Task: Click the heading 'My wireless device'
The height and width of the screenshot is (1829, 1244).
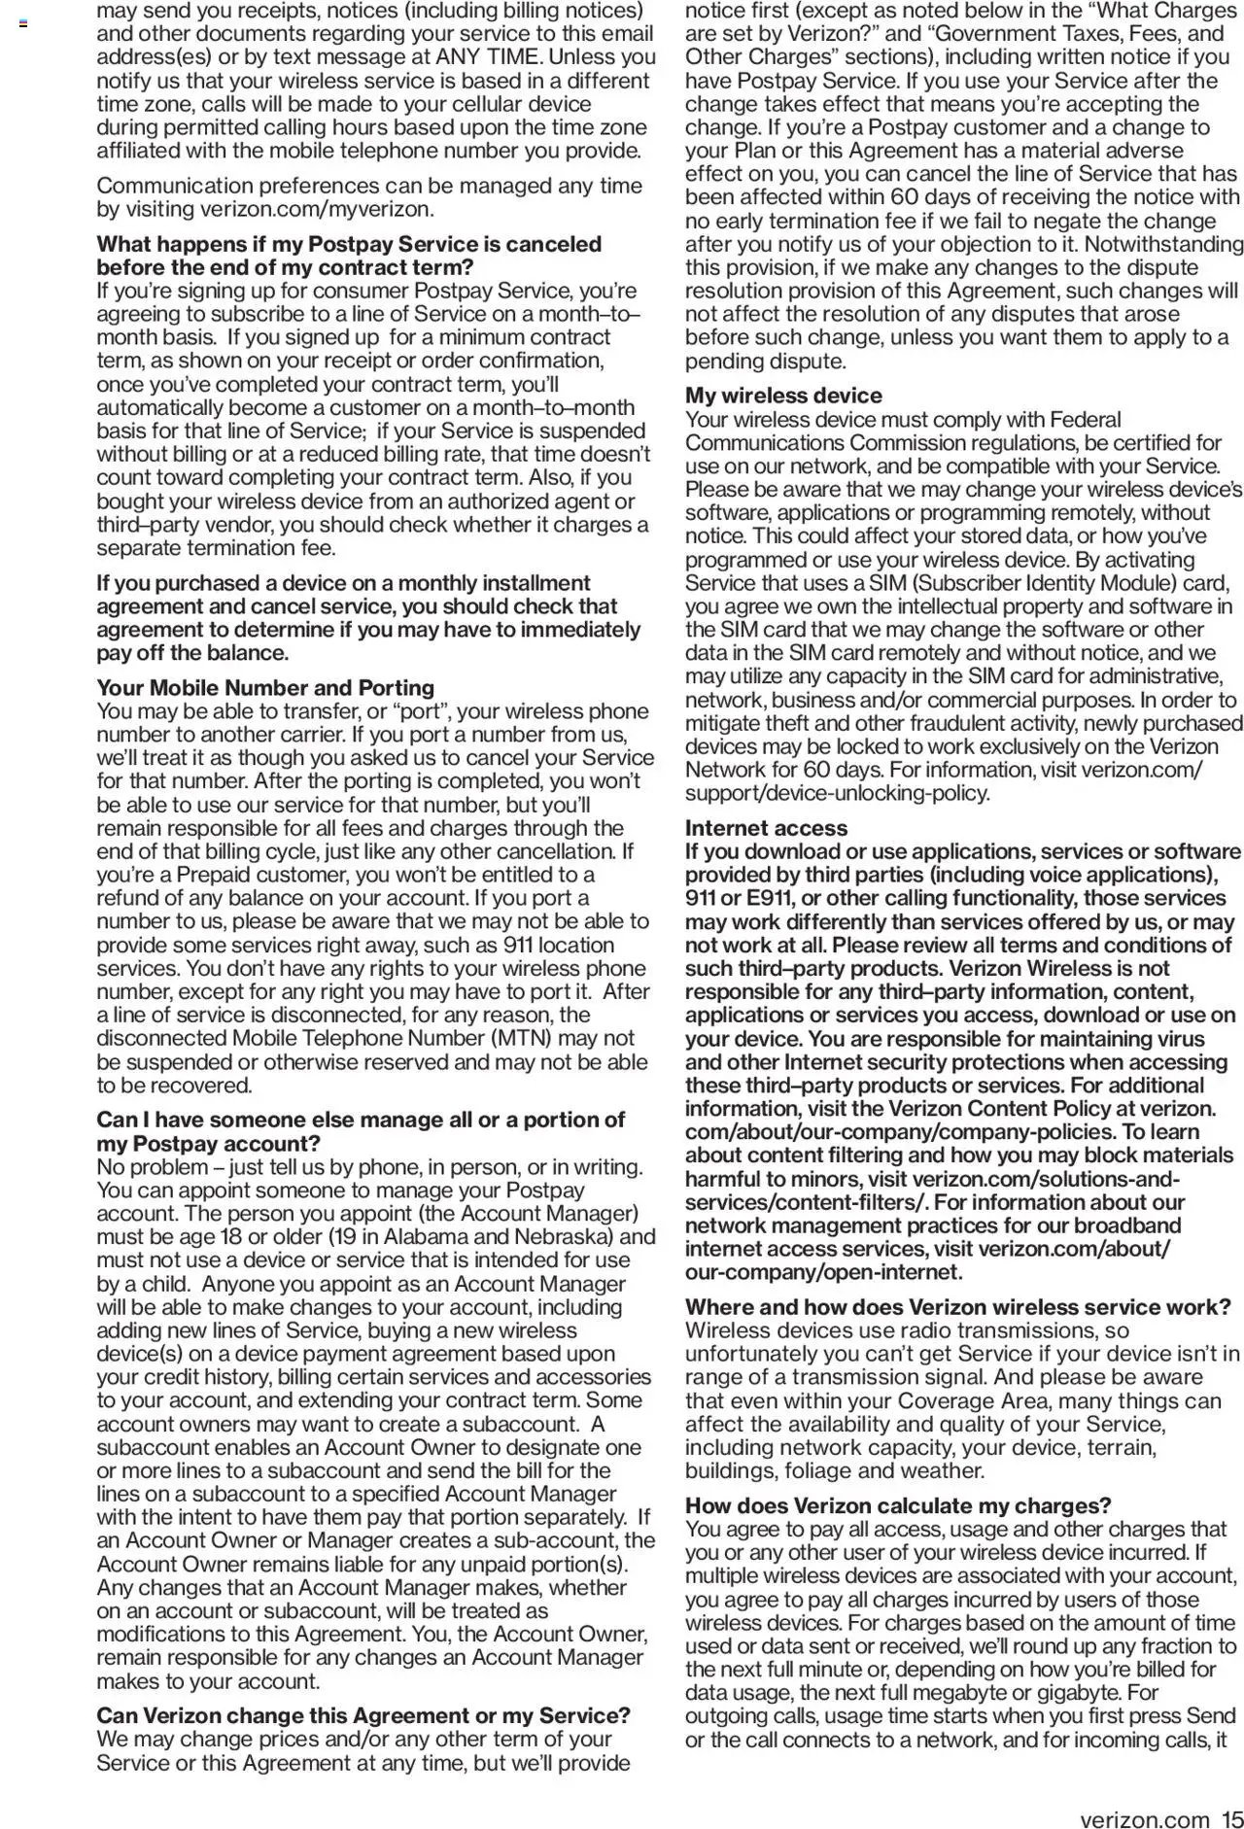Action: coord(783,396)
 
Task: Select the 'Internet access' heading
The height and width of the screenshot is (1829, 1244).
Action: coord(766,828)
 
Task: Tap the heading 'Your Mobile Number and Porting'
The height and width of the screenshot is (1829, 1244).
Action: coord(265,688)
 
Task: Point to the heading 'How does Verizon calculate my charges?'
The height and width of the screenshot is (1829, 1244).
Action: coord(898,1505)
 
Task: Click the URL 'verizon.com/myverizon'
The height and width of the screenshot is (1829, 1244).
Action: coord(315,209)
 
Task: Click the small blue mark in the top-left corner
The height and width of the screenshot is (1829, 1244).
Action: coord(23,22)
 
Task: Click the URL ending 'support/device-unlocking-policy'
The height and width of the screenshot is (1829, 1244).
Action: coord(838,793)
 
